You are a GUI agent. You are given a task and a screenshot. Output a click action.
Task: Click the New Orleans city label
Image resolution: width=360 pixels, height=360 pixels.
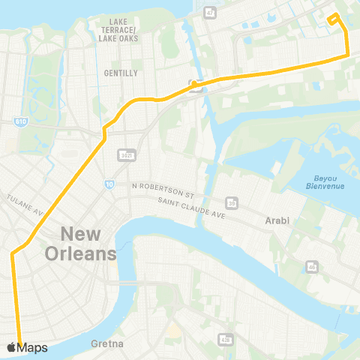pos(80,243)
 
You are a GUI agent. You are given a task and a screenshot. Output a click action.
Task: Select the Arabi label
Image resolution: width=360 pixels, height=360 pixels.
pos(277,221)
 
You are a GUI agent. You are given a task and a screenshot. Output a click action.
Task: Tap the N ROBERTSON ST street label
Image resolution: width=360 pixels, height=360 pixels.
pos(163,185)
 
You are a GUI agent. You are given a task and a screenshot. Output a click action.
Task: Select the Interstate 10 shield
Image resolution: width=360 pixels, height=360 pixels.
pos(109,183)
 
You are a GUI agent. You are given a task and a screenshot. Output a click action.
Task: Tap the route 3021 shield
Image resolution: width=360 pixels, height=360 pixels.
pos(125,154)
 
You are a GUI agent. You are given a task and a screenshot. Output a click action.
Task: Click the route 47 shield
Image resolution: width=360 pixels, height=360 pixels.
pos(210,13)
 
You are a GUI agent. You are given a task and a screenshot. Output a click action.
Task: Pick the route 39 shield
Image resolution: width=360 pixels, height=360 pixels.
pos(232,202)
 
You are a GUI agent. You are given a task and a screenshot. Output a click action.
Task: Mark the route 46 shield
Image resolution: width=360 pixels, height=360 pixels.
pos(310,266)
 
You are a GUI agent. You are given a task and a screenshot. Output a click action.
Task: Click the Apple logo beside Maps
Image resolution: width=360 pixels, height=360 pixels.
pos(11,347)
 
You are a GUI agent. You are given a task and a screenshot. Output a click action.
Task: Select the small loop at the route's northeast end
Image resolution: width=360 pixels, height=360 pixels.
pos(334,19)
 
